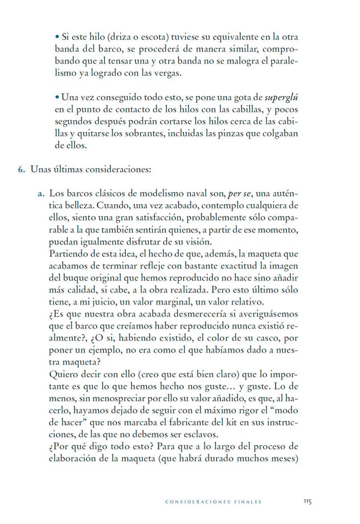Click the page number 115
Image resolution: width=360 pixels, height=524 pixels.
pos(307,501)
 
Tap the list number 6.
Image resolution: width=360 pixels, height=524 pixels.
pos(22,169)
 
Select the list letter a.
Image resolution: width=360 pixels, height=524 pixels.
pos(40,194)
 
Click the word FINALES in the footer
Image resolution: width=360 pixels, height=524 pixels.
pos(245,502)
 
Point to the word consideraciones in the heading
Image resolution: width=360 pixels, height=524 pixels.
pos(116,169)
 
